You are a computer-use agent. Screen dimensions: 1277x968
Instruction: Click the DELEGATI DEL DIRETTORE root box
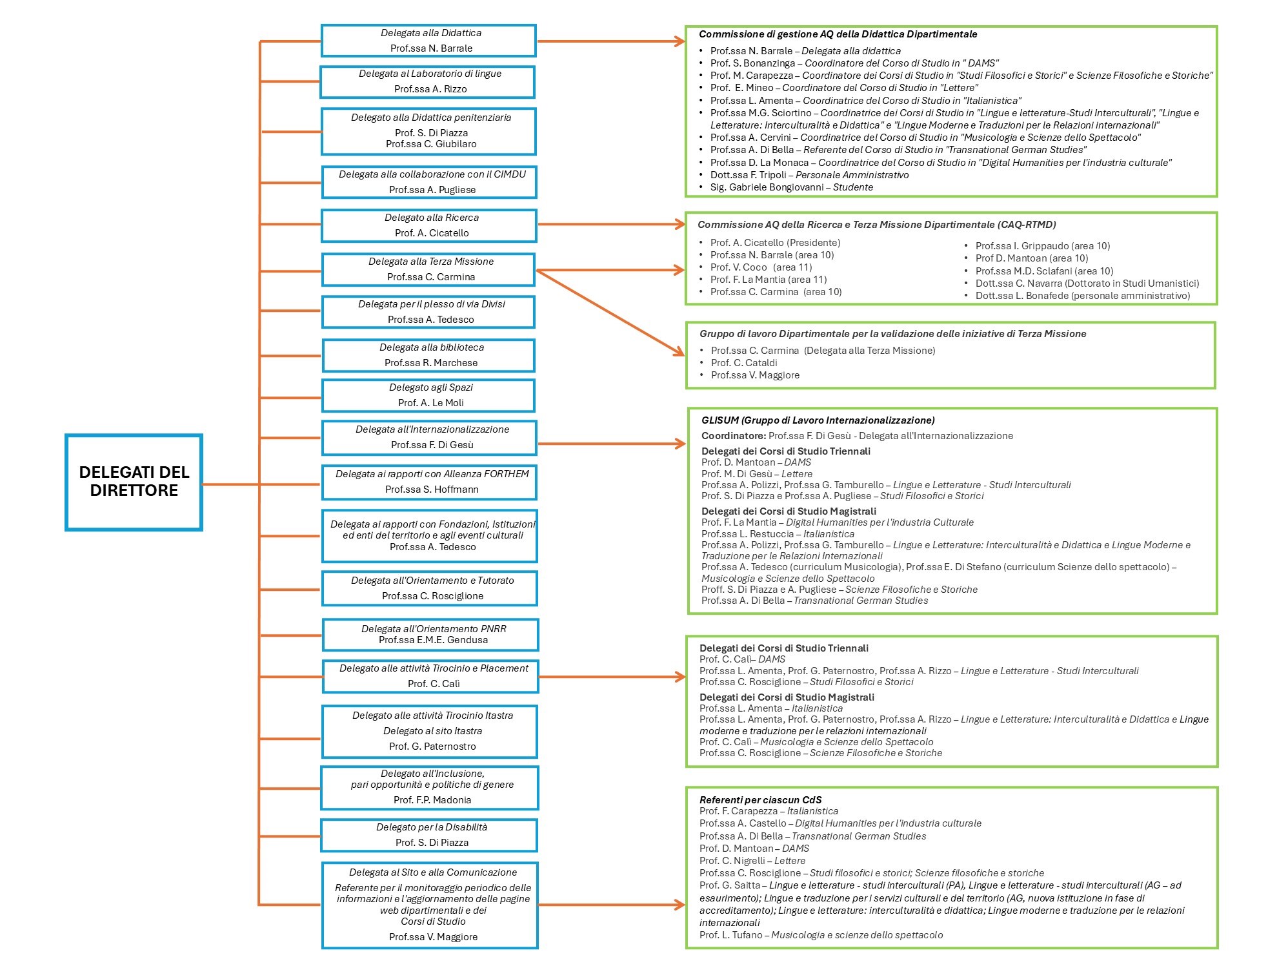[134, 482]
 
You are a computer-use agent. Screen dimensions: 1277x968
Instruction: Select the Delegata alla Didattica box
[428, 41]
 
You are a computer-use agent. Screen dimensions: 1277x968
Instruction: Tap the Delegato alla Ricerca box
[429, 225]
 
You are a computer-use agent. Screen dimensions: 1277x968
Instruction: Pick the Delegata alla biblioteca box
[428, 355]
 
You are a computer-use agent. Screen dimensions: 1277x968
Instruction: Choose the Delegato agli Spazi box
[428, 395]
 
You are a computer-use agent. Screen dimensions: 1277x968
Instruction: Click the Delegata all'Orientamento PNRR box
[430, 635]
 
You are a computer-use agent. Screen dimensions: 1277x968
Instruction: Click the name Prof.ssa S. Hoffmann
[432, 489]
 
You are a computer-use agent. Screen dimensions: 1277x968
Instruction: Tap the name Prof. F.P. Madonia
[432, 800]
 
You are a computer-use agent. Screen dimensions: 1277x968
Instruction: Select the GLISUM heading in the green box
[818, 420]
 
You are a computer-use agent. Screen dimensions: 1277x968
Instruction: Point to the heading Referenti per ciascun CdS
[760, 800]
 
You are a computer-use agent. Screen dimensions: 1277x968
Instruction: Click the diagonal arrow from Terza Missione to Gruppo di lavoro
[610, 313]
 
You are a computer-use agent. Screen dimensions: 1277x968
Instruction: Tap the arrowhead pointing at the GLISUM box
[680, 444]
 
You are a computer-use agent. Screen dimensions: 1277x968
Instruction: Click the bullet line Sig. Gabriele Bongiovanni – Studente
[792, 187]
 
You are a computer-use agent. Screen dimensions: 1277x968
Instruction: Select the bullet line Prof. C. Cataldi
[744, 363]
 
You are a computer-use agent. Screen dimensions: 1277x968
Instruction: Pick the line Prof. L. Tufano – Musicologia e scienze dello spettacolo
[821, 935]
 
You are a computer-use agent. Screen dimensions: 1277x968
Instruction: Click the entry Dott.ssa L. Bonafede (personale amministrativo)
[1083, 296]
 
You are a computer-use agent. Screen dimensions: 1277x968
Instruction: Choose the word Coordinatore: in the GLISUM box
[734, 436]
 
